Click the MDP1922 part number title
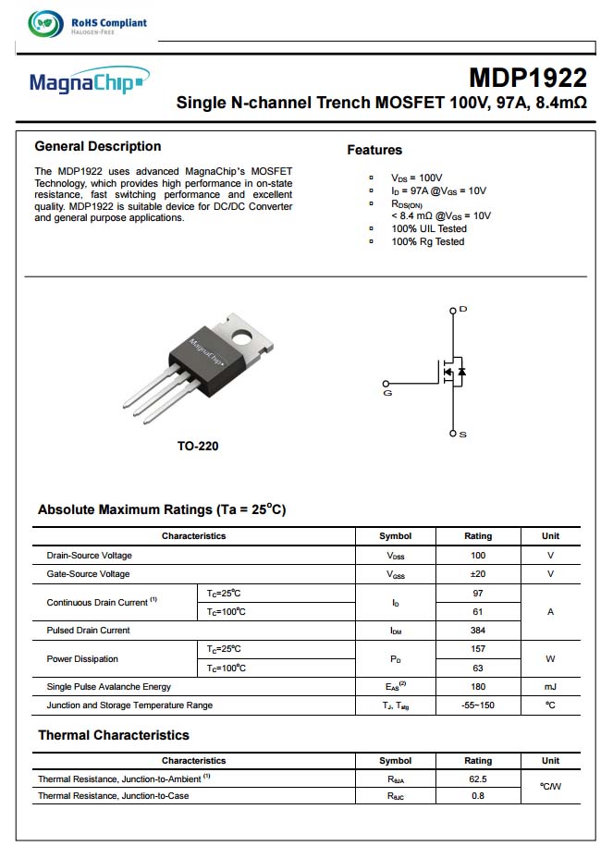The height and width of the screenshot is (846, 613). pyautogui.click(x=527, y=78)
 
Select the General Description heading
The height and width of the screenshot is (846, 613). pyautogui.click(x=98, y=146)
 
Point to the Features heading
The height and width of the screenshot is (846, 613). pyautogui.click(x=374, y=150)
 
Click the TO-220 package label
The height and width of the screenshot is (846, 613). pyautogui.click(x=198, y=447)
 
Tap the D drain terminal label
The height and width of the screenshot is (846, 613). pyautogui.click(x=463, y=309)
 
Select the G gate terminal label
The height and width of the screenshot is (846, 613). pyautogui.click(x=387, y=393)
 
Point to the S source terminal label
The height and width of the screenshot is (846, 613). pyautogui.click(x=463, y=434)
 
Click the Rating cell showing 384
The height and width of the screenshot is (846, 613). pyautogui.click(x=478, y=631)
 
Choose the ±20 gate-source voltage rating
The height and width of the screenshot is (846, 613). pyautogui.click(x=478, y=574)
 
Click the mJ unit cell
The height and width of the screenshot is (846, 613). pyautogui.click(x=550, y=687)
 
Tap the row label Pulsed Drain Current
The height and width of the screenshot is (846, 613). pyautogui.click(x=88, y=631)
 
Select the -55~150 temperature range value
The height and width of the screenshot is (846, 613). pyautogui.click(x=478, y=705)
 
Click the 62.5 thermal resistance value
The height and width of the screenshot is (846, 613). pyautogui.click(x=478, y=779)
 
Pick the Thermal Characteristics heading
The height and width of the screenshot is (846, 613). pyautogui.click(x=114, y=736)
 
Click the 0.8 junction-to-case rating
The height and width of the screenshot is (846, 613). pyautogui.click(x=478, y=796)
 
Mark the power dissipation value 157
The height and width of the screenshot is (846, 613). pyautogui.click(x=478, y=649)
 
